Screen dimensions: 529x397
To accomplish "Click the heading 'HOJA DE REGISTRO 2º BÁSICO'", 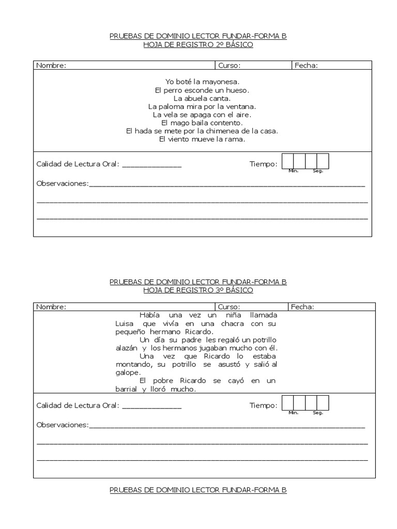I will [x=198, y=45].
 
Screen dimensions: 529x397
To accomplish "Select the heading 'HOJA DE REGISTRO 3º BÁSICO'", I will [x=198, y=290].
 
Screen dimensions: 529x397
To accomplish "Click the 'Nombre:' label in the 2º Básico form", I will [x=51, y=66].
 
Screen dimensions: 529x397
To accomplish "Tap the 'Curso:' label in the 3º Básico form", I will [x=229, y=307].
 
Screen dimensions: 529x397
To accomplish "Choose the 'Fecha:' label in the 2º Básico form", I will [x=306, y=66].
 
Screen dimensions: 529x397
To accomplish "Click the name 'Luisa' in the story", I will [x=125, y=323].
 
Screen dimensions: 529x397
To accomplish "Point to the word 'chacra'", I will [x=232, y=323].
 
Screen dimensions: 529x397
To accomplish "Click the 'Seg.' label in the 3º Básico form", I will [x=317, y=413].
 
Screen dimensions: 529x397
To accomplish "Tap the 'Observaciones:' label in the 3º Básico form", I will [x=63, y=425].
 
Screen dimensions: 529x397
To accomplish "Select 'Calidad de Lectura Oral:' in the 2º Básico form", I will [x=78, y=164].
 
